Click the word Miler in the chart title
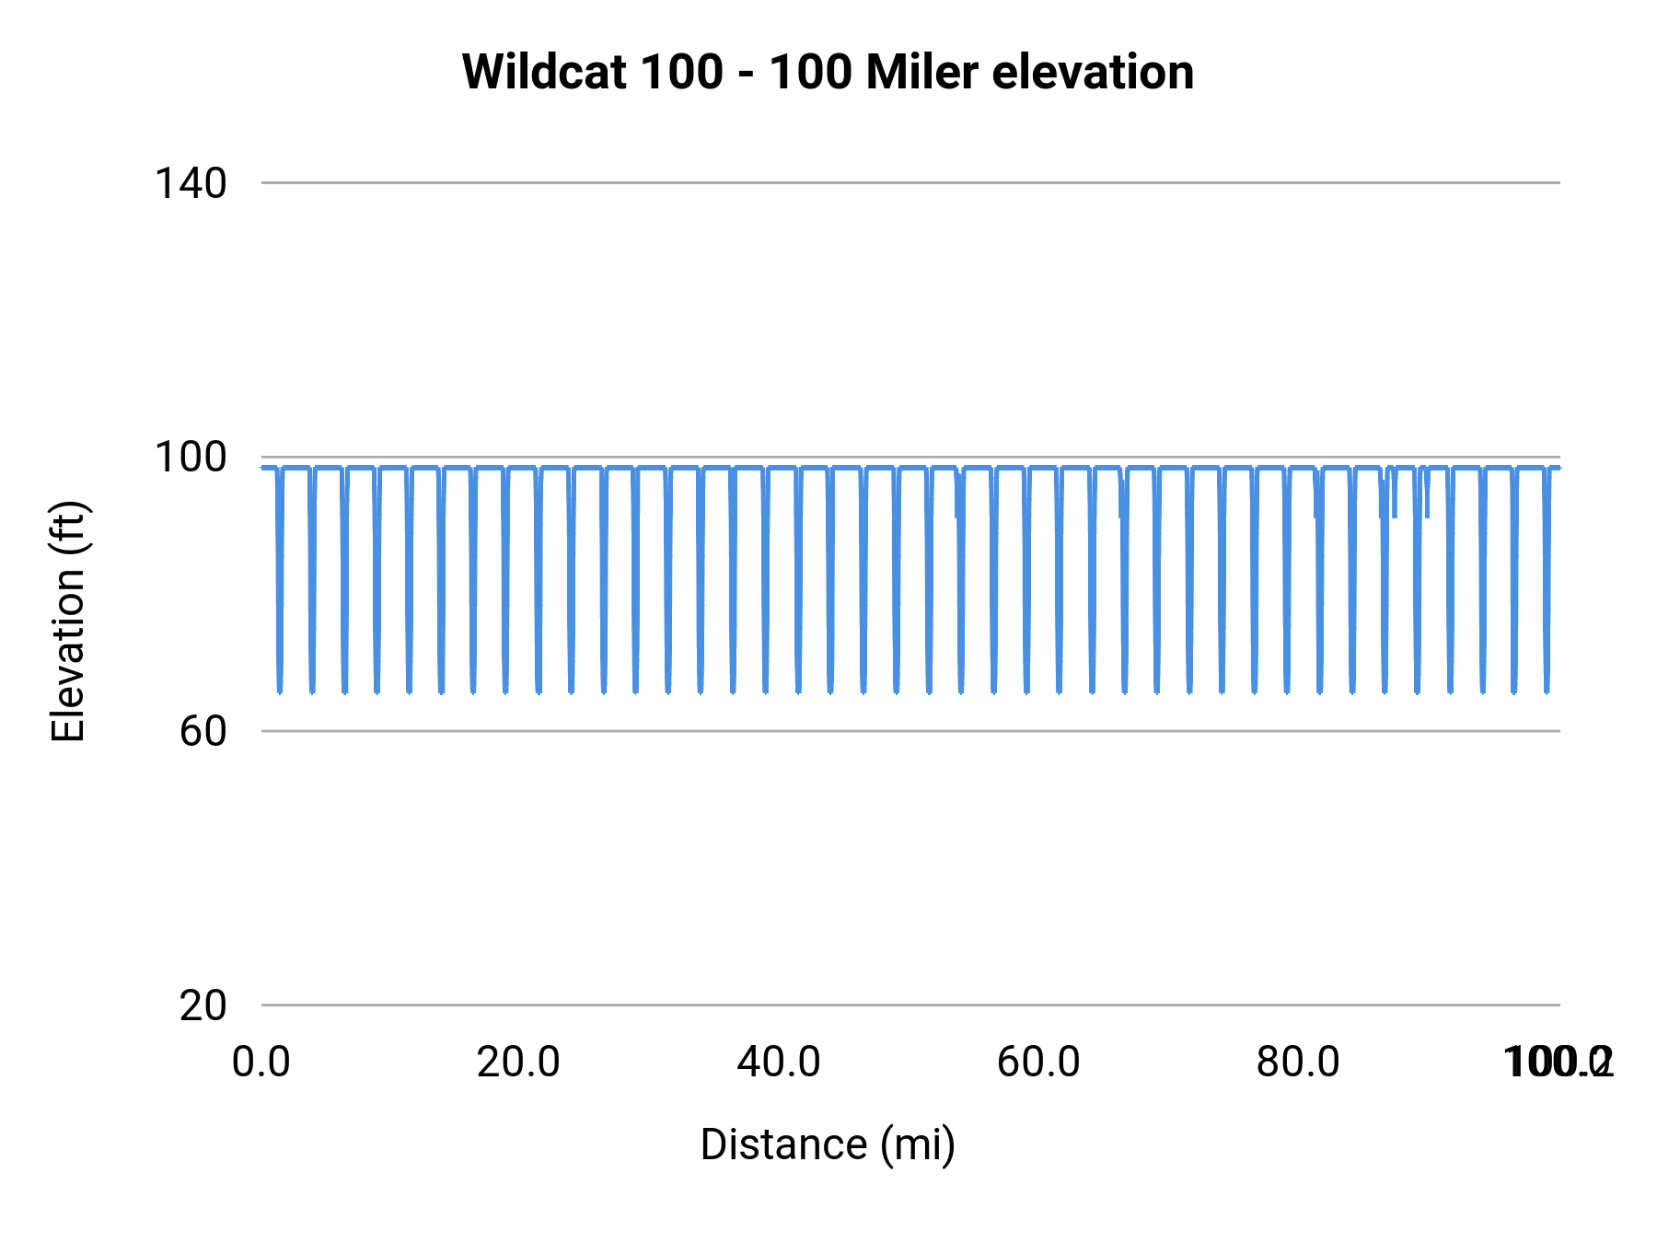pyautogui.click(x=921, y=72)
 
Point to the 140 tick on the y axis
pyautogui.click(x=191, y=183)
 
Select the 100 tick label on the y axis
pyautogui.click(x=191, y=457)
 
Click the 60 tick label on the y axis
pyautogui.click(x=203, y=731)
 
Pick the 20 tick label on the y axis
pyautogui.click(x=203, y=1005)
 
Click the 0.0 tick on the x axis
pyautogui.click(x=261, y=1063)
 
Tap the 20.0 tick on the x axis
pyautogui.click(x=518, y=1063)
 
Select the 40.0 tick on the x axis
pyautogui.click(x=779, y=1063)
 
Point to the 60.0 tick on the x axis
pyautogui.click(x=1038, y=1063)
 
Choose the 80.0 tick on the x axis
pyautogui.click(x=1298, y=1063)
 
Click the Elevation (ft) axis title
pyautogui.click(x=68, y=621)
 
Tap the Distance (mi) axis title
pyautogui.click(x=828, y=1144)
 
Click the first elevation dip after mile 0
pyautogui.click(x=280, y=681)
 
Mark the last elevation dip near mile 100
pyautogui.click(x=1547, y=681)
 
